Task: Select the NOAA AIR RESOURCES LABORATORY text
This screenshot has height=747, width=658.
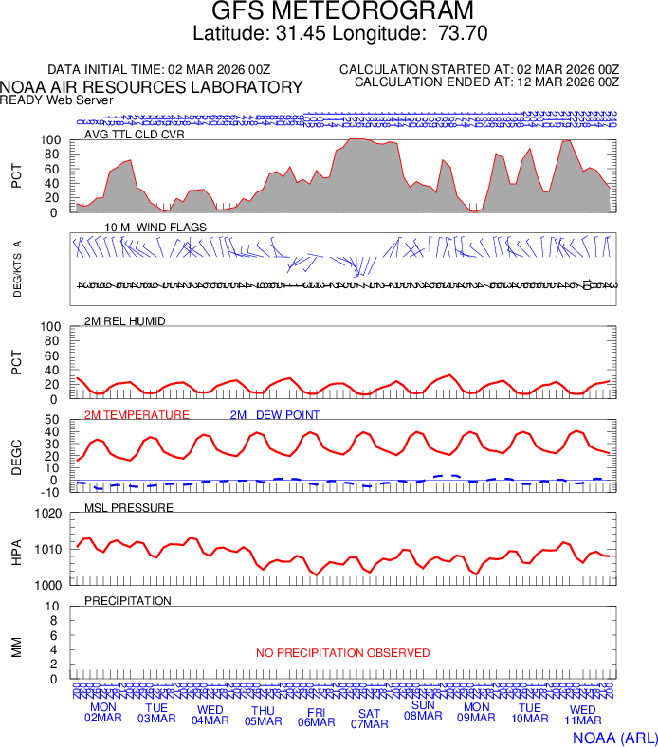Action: [152, 87]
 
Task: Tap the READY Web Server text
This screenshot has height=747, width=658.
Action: [57, 100]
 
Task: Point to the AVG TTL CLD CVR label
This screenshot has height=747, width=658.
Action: [134, 134]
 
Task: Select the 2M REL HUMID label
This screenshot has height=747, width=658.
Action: [125, 321]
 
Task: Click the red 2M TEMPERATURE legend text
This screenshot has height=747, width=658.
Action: [137, 415]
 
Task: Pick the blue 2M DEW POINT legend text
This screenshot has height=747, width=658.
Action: [275, 415]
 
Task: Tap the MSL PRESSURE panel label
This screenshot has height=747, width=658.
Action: [129, 508]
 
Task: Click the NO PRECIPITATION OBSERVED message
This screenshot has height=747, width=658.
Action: [342, 653]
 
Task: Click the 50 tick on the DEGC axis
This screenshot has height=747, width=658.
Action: [53, 420]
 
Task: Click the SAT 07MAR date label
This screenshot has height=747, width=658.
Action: [370, 719]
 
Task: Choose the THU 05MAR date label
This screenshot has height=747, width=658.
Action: [264, 716]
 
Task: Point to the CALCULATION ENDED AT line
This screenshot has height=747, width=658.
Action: [486, 82]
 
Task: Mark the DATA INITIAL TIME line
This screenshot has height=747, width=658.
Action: [159, 70]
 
